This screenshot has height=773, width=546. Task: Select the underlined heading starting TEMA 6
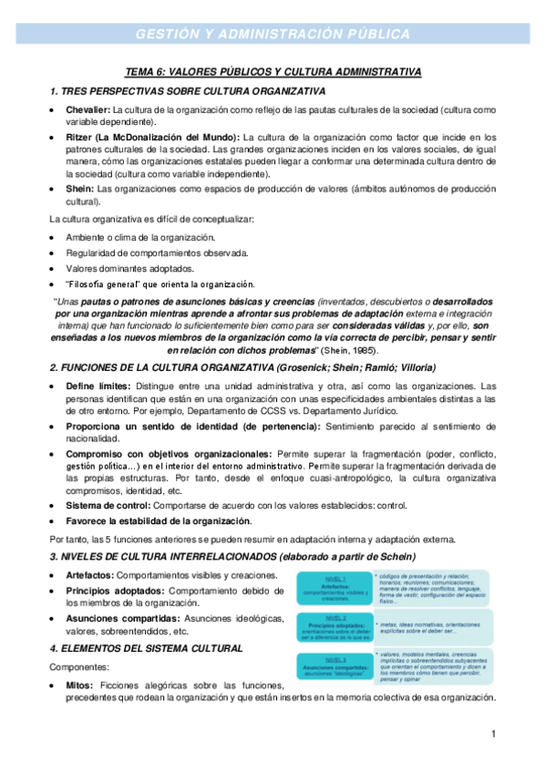click(273, 72)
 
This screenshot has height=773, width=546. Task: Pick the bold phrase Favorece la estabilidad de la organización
click(158, 521)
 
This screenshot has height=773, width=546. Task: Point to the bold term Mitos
click(81, 685)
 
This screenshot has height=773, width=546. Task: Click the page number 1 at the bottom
click(491, 734)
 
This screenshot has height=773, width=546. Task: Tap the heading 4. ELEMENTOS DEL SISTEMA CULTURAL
click(146, 648)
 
